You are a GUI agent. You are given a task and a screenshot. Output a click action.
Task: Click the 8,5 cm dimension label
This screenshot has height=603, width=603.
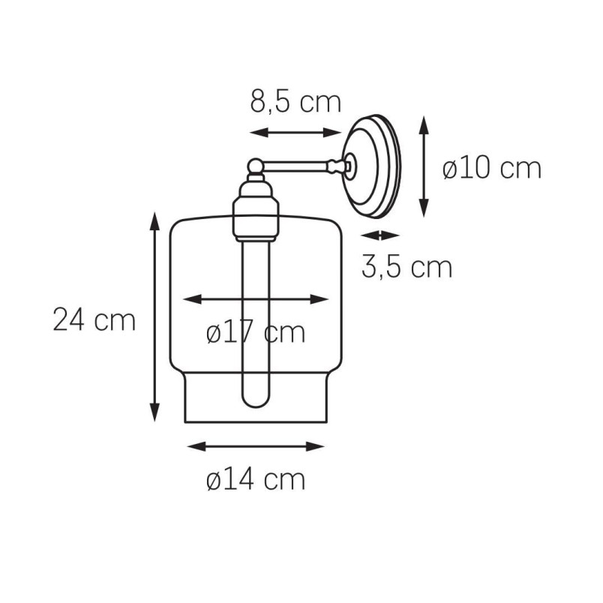click(x=295, y=102)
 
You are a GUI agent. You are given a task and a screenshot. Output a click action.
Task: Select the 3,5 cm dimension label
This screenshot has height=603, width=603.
click(x=406, y=267)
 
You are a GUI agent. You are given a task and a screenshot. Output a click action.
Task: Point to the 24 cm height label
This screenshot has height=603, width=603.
click(x=94, y=319)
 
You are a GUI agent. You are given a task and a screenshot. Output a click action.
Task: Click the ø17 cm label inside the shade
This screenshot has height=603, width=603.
click(x=256, y=332)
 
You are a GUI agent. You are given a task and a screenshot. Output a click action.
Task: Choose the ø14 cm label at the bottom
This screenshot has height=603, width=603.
click(x=256, y=479)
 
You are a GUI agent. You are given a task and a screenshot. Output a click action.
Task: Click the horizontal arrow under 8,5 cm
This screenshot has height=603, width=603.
click(x=295, y=133)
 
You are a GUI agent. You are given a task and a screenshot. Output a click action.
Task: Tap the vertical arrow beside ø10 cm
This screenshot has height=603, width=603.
click(x=424, y=166)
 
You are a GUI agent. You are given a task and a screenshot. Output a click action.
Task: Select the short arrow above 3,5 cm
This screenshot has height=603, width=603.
click(x=380, y=235)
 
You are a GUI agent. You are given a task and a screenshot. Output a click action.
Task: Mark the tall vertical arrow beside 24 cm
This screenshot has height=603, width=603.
click(x=154, y=316)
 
